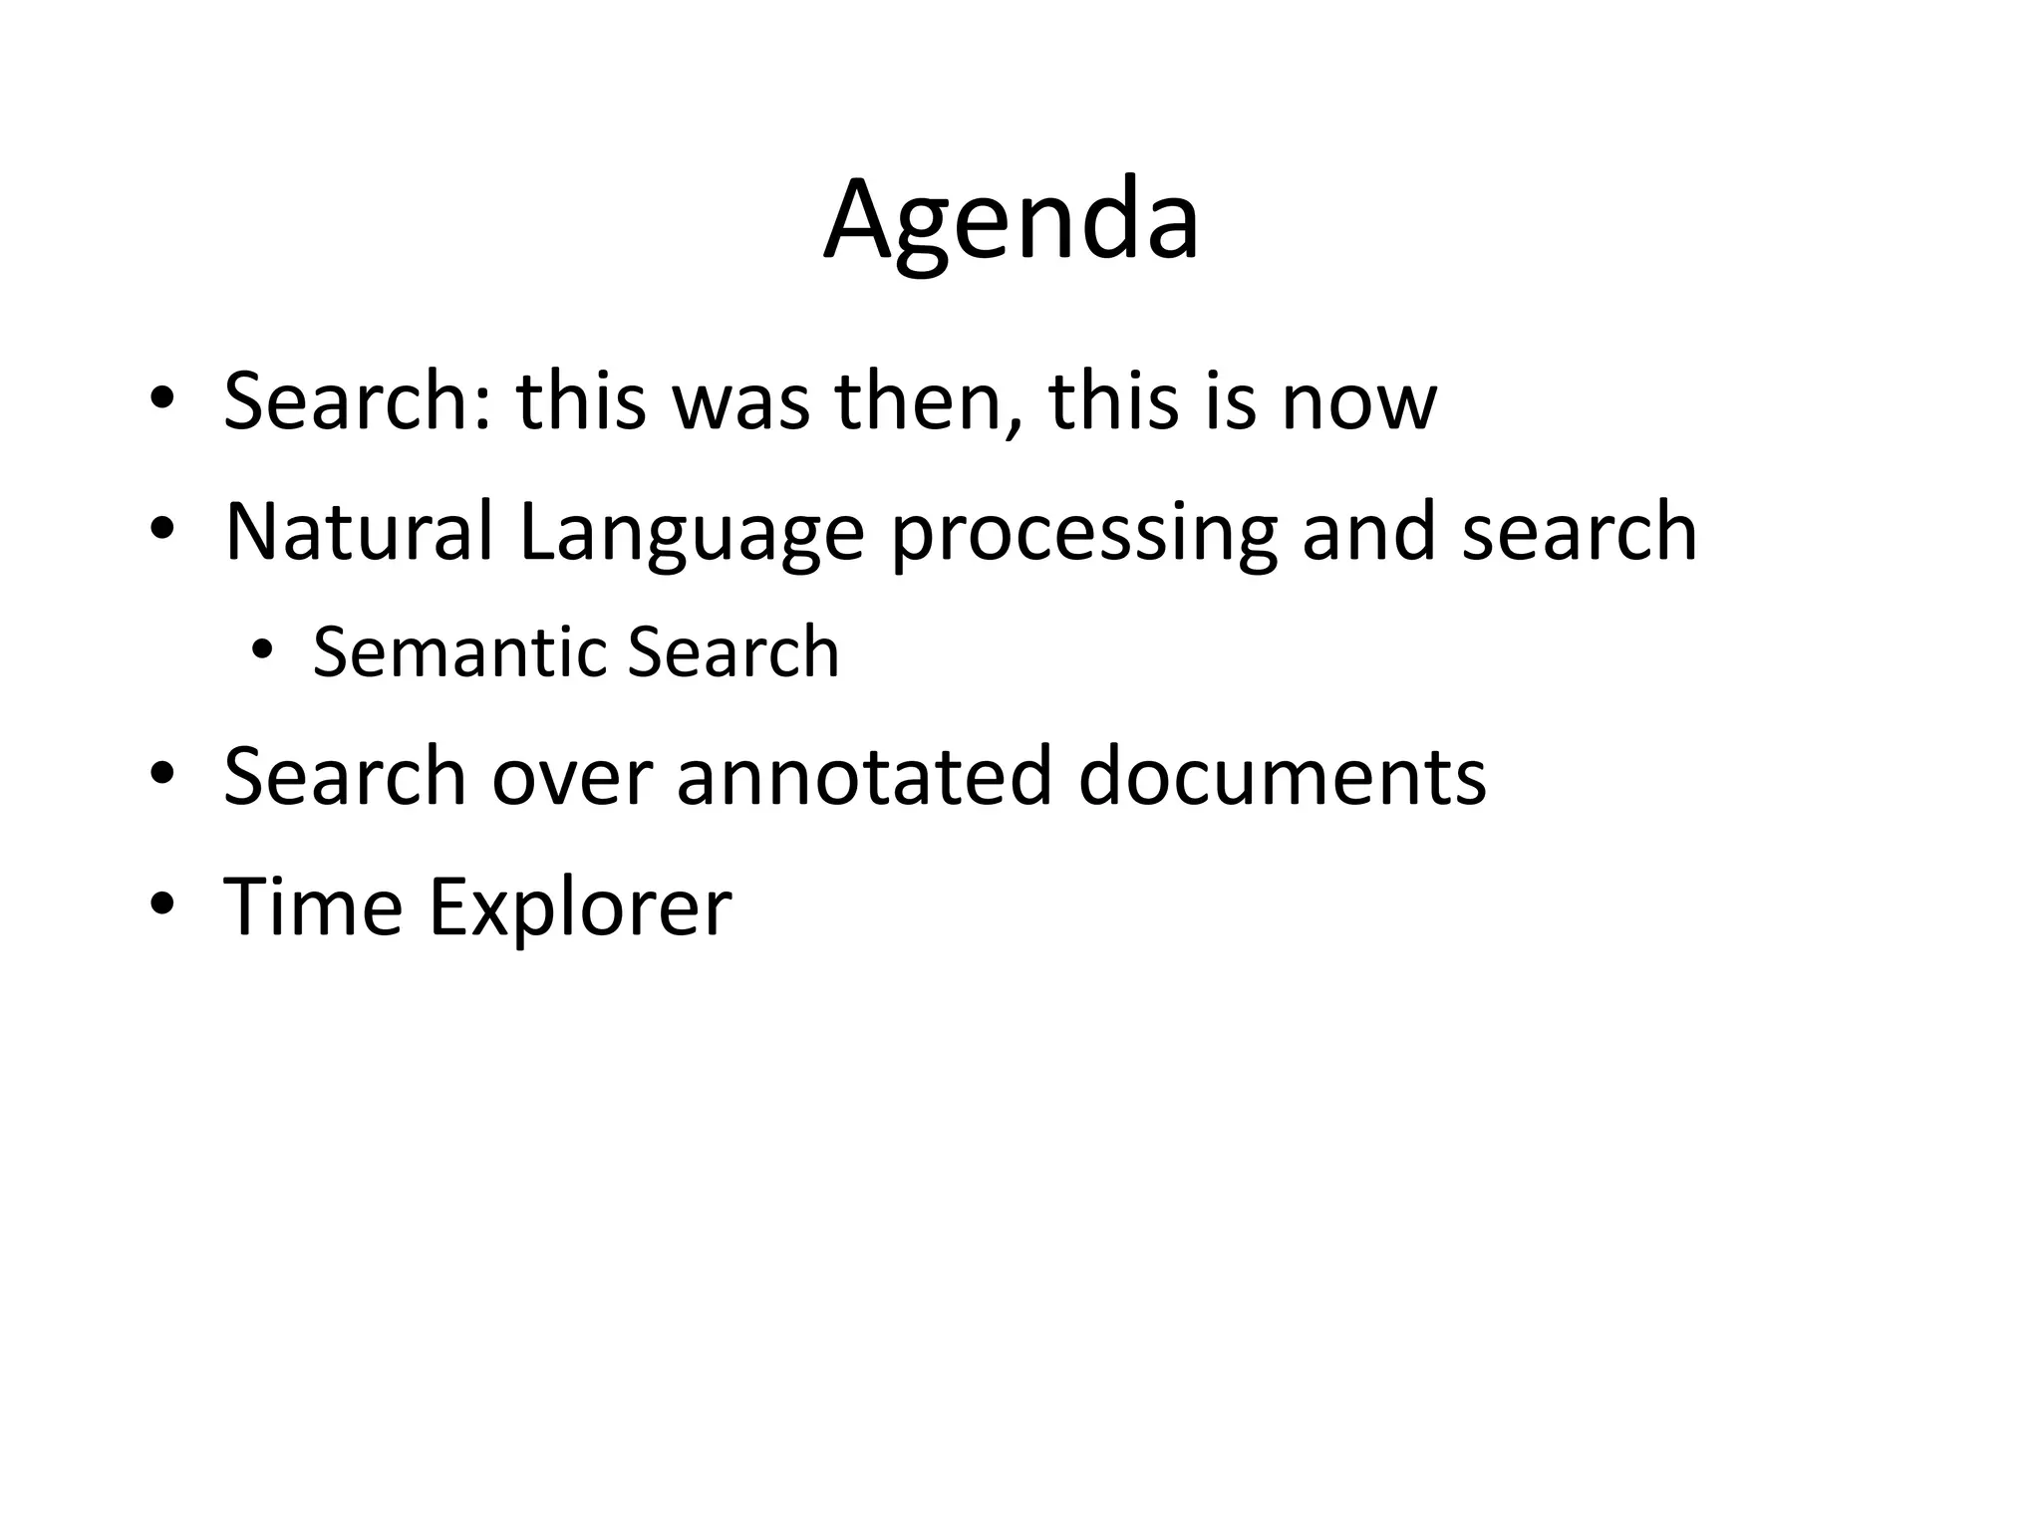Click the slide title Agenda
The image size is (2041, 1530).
(1011, 221)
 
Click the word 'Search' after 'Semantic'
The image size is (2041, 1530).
(733, 652)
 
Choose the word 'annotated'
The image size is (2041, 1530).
(864, 776)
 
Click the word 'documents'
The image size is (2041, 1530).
(1282, 776)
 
